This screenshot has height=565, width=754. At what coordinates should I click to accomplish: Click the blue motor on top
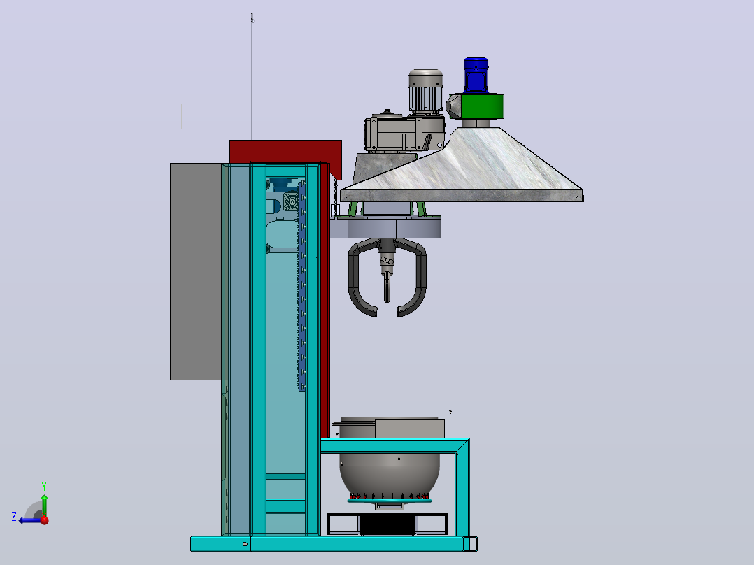coord(476,75)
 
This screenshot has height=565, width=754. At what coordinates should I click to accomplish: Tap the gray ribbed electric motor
coord(425,92)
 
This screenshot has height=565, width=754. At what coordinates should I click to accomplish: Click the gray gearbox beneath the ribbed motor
coord(404,132)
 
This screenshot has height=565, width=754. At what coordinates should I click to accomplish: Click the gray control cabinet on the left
coord(196,272)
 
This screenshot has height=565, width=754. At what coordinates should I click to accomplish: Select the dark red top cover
coord(285,153)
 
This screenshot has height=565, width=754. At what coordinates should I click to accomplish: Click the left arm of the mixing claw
coord(357,279)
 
